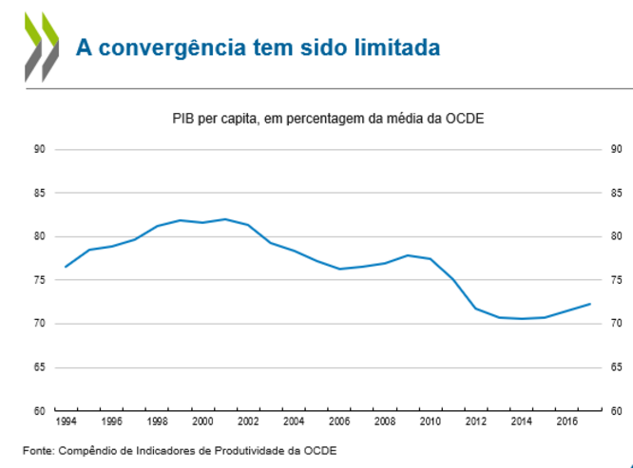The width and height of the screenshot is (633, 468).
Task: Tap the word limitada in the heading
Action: pos(400,47)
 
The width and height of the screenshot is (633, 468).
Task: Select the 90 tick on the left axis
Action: pos(39,149)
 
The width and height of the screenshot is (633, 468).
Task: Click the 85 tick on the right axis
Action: pos(616,193)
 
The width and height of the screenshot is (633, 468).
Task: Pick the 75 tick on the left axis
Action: pos(39,280)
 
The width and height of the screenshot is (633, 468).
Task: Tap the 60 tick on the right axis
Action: pos(616,411)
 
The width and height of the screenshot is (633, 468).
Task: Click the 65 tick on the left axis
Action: pos(39,367)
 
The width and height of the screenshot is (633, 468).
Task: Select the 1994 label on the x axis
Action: pos(66,421)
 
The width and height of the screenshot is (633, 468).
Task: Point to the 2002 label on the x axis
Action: pos(248,421)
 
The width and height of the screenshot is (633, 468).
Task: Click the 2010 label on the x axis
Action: pos(431,421)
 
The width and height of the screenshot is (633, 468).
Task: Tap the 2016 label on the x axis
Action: pos(567,421)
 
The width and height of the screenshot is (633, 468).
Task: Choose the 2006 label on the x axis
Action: pos(339,421)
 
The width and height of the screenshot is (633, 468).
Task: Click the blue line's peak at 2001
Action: pos(225,219)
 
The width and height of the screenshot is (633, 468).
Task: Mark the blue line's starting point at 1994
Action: pos(66,267)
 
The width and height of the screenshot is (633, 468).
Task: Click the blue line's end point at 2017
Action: pos(590,304)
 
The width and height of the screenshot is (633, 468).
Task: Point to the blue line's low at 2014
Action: pos(522,319)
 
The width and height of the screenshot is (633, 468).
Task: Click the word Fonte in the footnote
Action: pos(39,450)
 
